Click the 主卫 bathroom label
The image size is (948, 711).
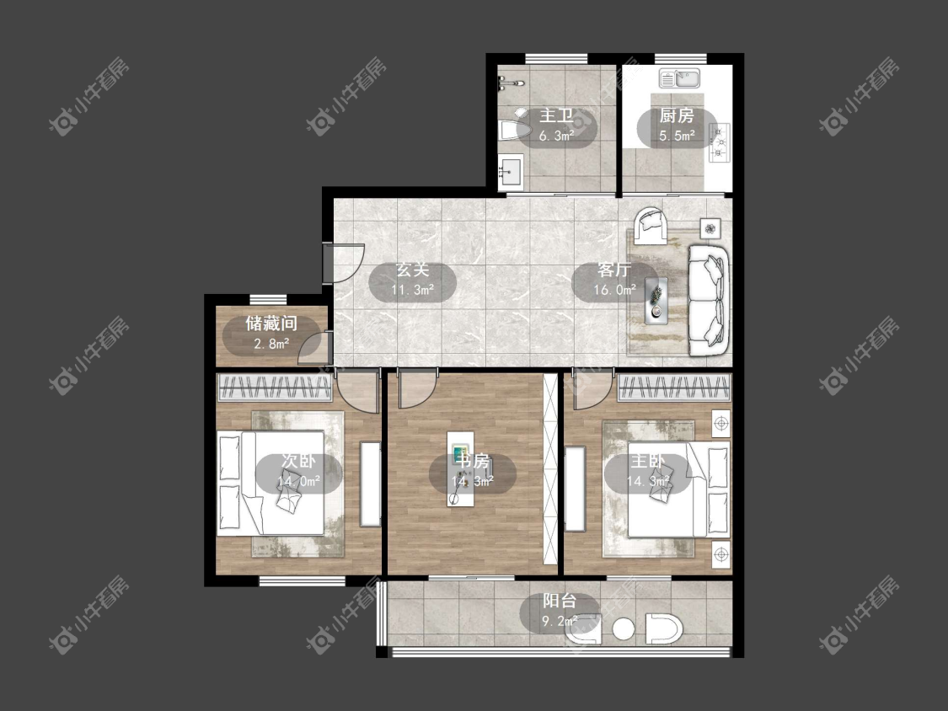[x=555, y=115]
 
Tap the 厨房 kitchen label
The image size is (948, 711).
[x=677, y=115]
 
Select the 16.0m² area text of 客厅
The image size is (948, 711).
[x=614, y=290]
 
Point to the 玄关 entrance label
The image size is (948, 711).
[x=412, y=270]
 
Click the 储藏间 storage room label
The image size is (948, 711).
[x=271, y=323]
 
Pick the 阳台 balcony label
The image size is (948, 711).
[x=560, y=601]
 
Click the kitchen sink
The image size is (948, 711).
[x=679, y=78]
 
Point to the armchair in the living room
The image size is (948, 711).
[x=651, y=226]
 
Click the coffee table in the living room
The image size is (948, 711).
[x=656, y=299]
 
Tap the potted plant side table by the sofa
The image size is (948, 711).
[x=710, y=228]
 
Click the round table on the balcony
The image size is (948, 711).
[x=624, y=629]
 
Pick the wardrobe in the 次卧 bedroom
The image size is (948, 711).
[x=275, y=388]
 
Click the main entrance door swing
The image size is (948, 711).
[x=343, y=262]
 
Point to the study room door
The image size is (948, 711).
[x=415, y=390]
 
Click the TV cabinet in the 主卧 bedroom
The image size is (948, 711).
[x=576, y=489]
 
